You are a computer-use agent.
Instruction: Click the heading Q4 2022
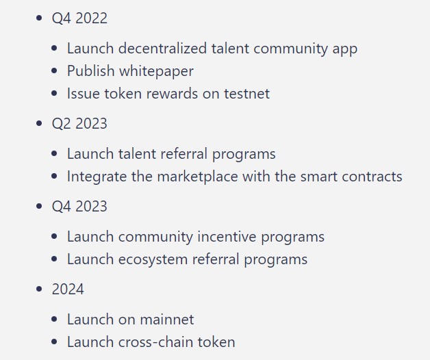tap(79, 18)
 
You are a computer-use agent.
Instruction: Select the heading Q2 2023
tap(79, 124)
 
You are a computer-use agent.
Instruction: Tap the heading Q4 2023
tap(79, 207)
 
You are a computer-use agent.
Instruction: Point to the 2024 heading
tap(68, 290)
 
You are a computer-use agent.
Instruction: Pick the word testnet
tap(246, 94)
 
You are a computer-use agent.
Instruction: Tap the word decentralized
tap(165, 49)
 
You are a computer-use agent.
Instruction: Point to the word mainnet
tap(166, 320)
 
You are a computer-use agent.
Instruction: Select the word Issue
tap(84, 94)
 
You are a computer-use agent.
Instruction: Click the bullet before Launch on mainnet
tap(55, 320)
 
